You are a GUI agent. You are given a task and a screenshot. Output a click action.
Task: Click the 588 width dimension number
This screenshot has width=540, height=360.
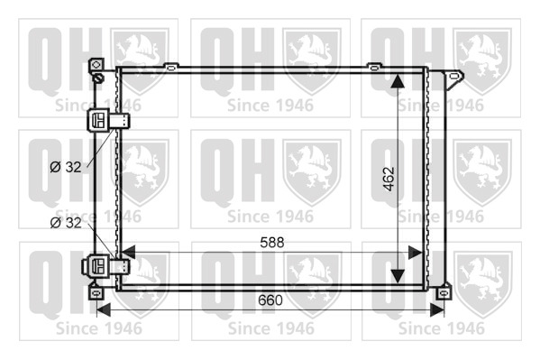click(272, 243)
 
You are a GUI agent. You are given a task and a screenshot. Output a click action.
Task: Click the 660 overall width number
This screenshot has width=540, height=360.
click(270, 300)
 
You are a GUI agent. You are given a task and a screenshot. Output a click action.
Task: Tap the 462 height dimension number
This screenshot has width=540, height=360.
click(389, 179)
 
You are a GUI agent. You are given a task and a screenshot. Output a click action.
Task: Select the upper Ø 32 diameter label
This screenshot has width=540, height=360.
click(66, 167)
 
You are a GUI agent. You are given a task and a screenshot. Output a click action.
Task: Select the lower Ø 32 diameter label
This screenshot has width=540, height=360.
click(66, 223)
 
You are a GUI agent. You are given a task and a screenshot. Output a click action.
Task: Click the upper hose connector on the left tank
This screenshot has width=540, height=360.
click(108, 120)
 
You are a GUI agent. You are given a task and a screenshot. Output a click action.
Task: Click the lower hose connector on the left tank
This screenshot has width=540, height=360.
click(105, 266)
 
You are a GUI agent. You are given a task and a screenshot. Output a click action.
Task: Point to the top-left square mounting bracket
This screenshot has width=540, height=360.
click(96, 65)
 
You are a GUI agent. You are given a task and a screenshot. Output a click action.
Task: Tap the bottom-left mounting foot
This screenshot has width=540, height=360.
click(96, 292)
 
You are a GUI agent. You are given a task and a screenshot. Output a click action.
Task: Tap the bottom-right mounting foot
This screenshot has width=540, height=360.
click(444, 292)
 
